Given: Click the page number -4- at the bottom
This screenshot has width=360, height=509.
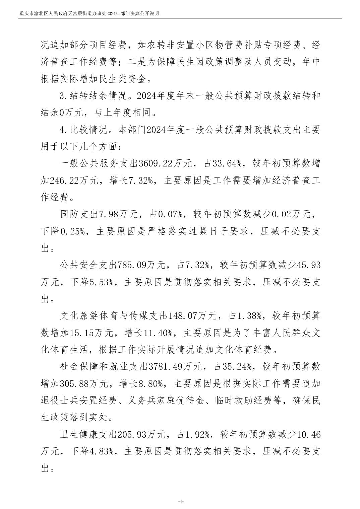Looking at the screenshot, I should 180,492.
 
